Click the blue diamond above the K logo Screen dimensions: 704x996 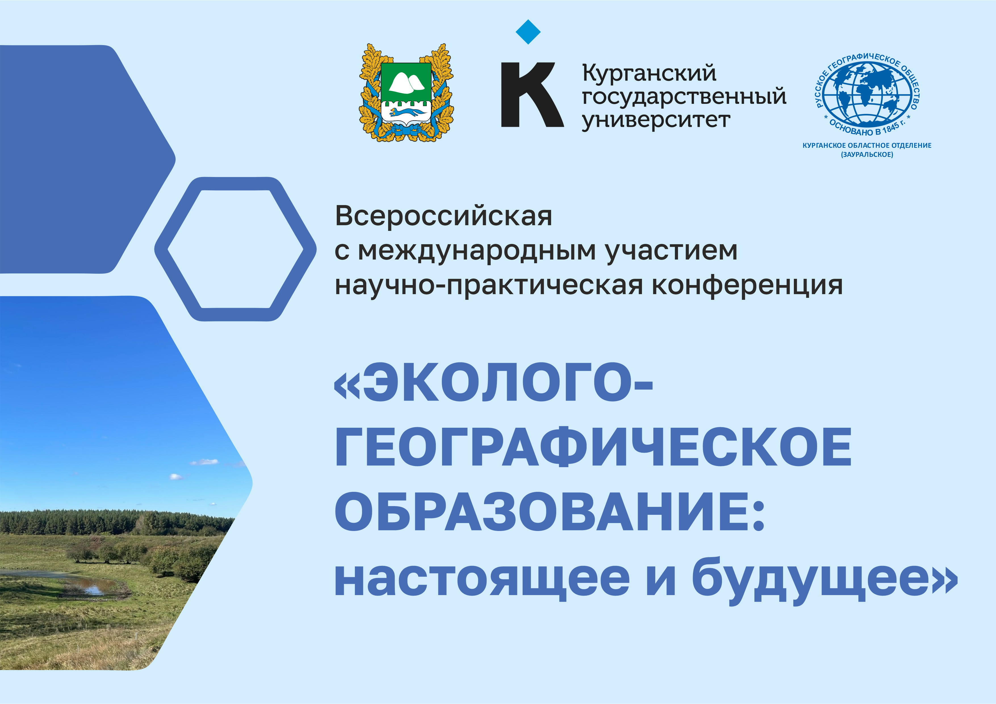tap(528, 32)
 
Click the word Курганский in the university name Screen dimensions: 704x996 tap(649, 73)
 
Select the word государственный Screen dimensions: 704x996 tap(684, 96)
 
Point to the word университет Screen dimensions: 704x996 tap(656, 120)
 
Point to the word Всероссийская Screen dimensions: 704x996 tap(443, 216)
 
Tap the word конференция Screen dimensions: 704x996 tap(747, 285)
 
